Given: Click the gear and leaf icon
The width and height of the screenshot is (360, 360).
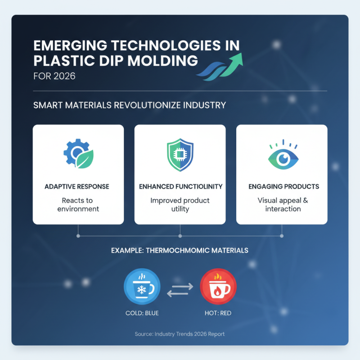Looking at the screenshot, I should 78,155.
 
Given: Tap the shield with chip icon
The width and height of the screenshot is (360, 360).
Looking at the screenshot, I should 180,155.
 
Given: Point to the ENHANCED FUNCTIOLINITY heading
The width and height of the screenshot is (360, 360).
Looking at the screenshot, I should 180,186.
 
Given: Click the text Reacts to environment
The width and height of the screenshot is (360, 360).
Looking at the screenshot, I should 78,204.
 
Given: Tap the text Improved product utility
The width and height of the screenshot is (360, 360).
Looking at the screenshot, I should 180,204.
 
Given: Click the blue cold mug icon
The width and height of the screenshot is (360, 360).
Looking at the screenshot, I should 142,286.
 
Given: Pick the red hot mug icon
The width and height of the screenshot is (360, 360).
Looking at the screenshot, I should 218,286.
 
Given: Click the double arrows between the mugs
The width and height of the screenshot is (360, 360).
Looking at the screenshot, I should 180,289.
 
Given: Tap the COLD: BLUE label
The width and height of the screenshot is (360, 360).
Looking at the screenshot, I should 142,313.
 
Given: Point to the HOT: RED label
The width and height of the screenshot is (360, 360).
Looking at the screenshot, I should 218,313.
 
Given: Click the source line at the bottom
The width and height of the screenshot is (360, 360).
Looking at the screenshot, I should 180,334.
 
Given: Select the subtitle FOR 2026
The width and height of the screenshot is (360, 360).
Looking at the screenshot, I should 54,76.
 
